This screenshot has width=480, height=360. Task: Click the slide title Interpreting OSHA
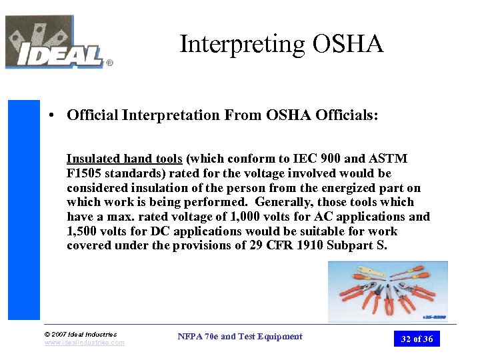click(x=281, y=45)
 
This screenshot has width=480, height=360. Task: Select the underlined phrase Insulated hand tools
click(x=124, y=159)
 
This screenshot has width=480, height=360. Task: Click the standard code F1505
click(x=83, y=173)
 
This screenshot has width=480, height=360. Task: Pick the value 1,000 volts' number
click(x=232, y=217)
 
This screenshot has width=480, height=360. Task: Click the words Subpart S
click(x=365, y=246)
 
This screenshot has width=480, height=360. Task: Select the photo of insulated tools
click(x=387, y=291)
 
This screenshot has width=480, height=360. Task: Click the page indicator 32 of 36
click(x=417, y=339)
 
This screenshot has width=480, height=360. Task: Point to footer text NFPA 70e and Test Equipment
click(x=240, y=337)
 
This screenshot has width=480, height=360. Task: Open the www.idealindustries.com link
click(x=85, y=343)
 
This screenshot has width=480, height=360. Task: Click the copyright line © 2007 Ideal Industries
click(x=81, y=334)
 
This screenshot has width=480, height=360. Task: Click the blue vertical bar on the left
click(x=24, y=210)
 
